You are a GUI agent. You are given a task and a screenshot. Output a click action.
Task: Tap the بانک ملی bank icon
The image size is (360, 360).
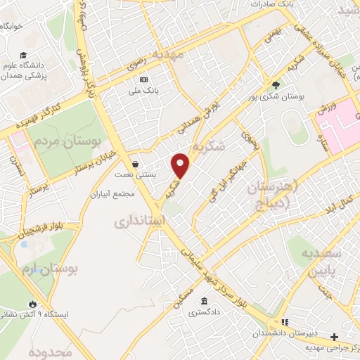[144, 79]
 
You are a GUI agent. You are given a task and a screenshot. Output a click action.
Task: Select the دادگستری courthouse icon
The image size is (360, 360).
[203, 302]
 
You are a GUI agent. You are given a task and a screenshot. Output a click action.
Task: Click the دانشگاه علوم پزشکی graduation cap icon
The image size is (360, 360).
[23, 56]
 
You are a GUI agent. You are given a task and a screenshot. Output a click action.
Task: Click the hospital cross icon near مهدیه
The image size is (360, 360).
[335, 337]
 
